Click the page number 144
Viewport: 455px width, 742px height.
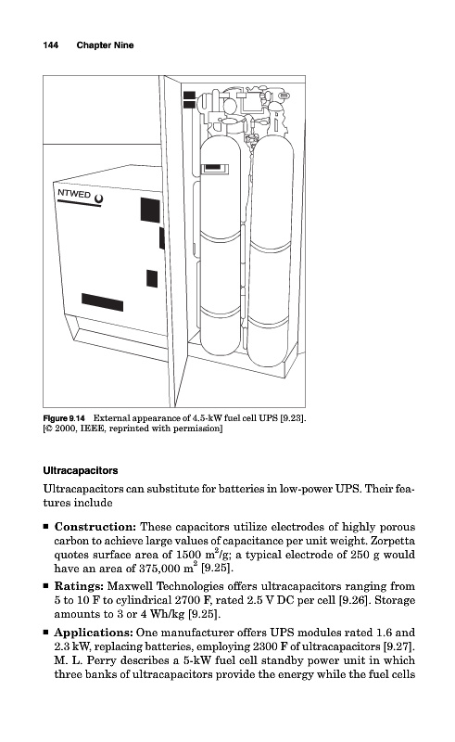(51, 45)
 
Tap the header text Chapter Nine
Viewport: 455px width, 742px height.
(105, 45)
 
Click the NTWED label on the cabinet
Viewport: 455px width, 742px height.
(74, 194)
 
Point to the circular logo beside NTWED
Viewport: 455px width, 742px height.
(98, 199)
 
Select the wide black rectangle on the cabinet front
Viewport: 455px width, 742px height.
(102, 302)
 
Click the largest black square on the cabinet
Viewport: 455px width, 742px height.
(150, 211)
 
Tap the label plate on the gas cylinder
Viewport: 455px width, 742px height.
(215, 169)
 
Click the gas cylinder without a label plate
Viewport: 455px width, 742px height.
(270, 250)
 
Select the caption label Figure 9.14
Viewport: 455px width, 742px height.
(64, 418)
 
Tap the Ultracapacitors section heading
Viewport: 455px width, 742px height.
(81, 471)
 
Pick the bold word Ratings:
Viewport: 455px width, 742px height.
(79, 586)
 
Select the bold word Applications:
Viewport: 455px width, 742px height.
(94, 633)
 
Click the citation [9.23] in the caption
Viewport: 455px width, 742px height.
(293, 418)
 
